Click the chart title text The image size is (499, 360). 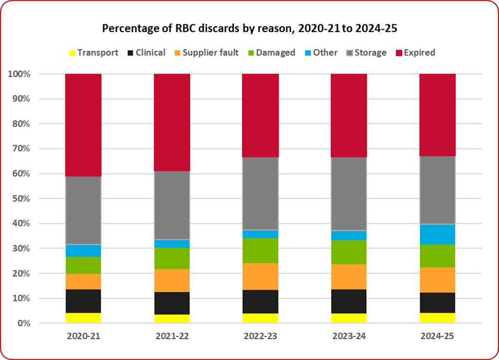(x=249, y=29)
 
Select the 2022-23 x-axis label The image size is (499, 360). (x=260, y=337)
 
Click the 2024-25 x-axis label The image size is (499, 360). (x=437, y=337)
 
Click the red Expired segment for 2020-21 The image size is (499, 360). (x=83, y=125)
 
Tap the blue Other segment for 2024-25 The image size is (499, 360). (x=437, y=234)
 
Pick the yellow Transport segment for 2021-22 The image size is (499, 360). (x=172, y=319)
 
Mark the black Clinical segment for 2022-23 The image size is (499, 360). (x=260, y=302)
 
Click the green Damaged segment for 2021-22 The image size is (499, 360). (x=172, y=258)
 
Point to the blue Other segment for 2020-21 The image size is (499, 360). (x=83, y=250)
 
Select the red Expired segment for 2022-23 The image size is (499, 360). (x=260, y=115)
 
